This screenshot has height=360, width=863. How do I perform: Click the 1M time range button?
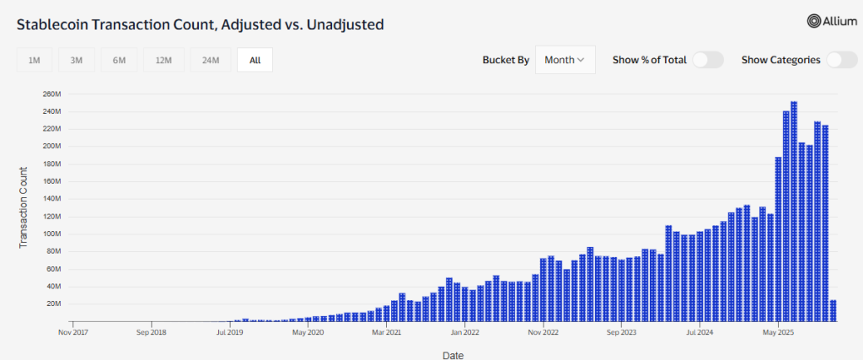coord(35,60)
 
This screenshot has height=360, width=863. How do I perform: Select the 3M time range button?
coord(77,60)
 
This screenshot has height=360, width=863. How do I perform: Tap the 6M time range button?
coord(119,60)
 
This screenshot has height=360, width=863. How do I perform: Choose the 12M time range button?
coord(163,60)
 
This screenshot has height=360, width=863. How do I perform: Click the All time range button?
coord(255,60)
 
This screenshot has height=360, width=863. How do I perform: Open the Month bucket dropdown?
coord(565,60)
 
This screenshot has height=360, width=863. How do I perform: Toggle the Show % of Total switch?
coord(708,60)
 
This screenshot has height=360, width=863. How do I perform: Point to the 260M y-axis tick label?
coord(52,94)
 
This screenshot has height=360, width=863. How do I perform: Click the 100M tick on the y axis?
coord(52,234)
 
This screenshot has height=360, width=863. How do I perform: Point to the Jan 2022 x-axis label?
coord(464,332)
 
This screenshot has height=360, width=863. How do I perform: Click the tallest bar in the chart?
coord(794,211)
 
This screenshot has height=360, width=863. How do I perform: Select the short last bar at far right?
coord(833,310)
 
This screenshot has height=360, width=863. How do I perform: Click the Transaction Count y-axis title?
coord(24,207)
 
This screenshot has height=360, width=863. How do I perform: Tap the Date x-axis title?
coord(453,355)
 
